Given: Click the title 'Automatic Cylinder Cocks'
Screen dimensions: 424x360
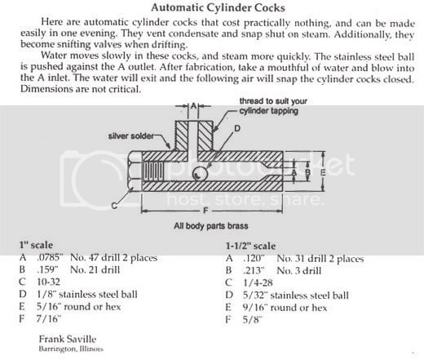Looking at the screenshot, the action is [x=218, y=7].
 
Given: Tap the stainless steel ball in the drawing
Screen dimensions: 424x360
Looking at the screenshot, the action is [x=200, y=173].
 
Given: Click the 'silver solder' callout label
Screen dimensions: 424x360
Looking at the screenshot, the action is [x=131, y=136].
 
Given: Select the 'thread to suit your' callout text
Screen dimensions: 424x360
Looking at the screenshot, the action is [x=273, y=101].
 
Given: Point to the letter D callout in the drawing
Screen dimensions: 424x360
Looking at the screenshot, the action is [x=237, y=128].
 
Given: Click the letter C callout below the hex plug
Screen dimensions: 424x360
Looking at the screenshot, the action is [x=114, y=206].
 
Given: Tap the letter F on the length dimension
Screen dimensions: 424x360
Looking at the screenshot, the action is [x=205, y=211].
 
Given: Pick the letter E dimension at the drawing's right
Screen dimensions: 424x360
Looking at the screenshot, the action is [x=323, y=172].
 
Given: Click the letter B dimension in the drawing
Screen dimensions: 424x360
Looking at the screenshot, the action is [x=308, y=172].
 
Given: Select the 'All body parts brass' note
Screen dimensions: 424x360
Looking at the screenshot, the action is [x=211, y=226].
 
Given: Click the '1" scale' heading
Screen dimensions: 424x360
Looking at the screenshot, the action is [x=36, y=245].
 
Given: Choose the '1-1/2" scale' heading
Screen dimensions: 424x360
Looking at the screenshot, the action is [x=250, y=246].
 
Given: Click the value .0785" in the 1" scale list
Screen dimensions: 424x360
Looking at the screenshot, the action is [x=50, y=257].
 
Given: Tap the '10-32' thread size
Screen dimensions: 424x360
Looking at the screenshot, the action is [x=48, y=282].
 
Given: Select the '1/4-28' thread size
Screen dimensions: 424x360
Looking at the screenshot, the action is [x=258, y=282].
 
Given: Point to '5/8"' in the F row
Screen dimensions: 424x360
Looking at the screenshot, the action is [x=252, y=319].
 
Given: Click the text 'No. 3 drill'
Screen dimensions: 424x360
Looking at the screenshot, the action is [x=299, y=271].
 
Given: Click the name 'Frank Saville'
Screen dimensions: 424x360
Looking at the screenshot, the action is [x=68, y=339].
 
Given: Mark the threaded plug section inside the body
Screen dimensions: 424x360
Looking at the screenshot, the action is [x=154, y=172].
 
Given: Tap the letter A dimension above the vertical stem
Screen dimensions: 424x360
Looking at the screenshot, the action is [x=193, y=105].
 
